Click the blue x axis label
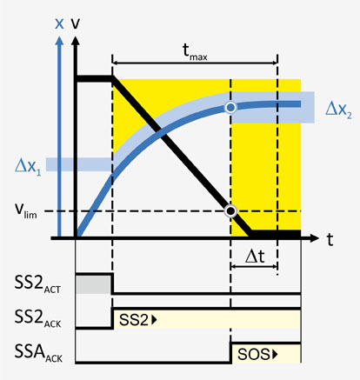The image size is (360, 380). (59, 23)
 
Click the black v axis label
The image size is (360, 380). (76, 23)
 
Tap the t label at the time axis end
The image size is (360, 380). (330, 239)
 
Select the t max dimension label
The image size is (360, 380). (195, 52)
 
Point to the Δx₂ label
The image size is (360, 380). (338, 110)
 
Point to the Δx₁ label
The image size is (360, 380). (28, 166)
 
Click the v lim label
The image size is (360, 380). (26, 210)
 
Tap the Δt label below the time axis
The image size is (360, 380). (255, 257)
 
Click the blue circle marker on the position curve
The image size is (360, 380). (230, 108)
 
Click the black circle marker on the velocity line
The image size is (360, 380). (230, 211)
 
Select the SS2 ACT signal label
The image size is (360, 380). (37, 284)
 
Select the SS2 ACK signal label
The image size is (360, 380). (37, 318)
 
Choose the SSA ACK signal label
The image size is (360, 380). (38, 353)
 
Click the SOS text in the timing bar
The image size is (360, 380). (254, 354)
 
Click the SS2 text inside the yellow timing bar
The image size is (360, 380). (134, 320)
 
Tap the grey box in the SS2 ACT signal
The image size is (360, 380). (93, 284)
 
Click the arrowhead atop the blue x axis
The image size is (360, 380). (59, 41)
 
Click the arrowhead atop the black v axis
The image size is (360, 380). (76, 41)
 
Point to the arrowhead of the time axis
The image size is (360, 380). (314, 238)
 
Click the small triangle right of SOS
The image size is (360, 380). (275, 354)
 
